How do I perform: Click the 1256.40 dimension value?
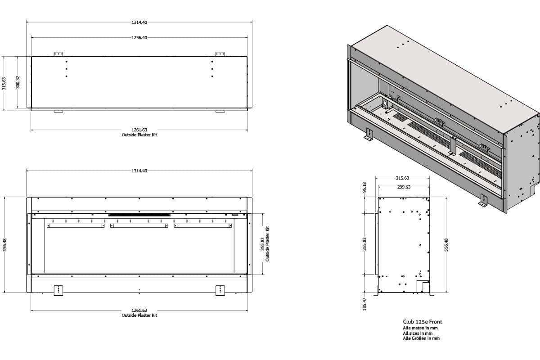pos(139,38)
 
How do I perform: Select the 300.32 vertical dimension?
pos(18,82)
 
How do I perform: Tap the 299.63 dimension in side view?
pos(403,187)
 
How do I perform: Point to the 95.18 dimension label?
pos(364,187)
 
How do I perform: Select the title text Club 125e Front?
pos(422,322)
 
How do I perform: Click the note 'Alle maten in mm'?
pos(420,328)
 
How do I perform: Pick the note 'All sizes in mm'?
pos(418,333)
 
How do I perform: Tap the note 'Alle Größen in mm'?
pos(421,338)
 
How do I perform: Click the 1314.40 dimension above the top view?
pos(139,22)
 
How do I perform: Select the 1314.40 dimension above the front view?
pos(139,171)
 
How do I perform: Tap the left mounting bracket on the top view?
pos(58,54)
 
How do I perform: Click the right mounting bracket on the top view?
pos(220,54)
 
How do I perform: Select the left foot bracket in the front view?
pos(58,290)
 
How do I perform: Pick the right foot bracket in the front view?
pos(220,290)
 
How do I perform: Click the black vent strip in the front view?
pos(139,215)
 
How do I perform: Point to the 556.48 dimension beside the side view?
pos(446,245)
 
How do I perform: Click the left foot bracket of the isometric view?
pos(369,135)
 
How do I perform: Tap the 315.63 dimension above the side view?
pos(402,178)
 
